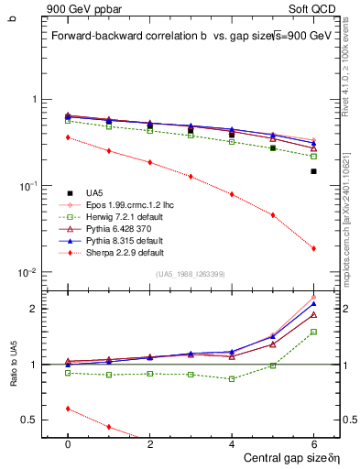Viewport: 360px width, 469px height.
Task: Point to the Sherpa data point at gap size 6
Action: pos(313,248)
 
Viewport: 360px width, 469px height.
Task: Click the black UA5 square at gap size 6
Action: pos(313,171)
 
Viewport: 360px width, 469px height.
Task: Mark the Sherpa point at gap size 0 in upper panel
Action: pos(68,137)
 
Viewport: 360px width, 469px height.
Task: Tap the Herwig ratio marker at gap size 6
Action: pos(313,332)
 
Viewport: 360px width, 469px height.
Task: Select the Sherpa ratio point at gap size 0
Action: pos(68,409)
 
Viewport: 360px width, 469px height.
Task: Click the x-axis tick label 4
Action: pos(232,442)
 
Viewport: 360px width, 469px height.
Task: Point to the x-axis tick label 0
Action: pos(68,442)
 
